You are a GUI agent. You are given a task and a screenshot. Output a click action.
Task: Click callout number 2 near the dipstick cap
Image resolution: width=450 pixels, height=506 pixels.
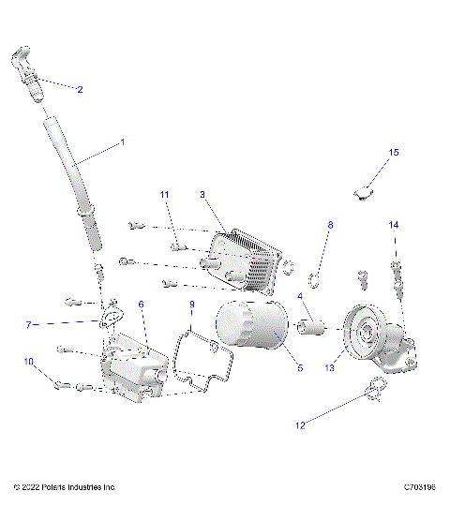[x=80, y=90]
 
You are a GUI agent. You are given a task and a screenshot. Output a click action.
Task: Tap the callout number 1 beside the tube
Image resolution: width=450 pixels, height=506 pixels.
[x=121, y=143]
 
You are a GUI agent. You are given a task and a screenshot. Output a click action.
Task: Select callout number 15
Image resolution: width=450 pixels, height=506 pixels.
[x=394, y=152]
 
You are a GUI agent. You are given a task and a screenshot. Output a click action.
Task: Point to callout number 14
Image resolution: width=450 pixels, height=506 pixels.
[x=394, y=225]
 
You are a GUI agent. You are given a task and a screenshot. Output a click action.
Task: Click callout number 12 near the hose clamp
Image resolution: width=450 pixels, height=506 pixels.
[x=301, y=425]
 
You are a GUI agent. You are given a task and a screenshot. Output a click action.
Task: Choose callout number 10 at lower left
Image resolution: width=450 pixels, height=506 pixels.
[x=28, y=362]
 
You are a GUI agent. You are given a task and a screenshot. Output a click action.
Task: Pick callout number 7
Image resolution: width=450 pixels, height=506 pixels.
[x=28, y=325]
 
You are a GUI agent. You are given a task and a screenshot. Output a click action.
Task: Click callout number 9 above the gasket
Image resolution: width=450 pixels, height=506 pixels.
[x=191, y=305]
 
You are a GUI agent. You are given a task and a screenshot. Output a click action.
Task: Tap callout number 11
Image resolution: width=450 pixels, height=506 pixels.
[x=164, y=194]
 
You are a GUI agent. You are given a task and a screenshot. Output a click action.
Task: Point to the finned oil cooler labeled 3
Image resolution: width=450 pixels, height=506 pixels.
[x=245, y=254]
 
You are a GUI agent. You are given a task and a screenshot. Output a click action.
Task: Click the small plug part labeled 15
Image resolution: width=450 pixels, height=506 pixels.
[x=364, y=193]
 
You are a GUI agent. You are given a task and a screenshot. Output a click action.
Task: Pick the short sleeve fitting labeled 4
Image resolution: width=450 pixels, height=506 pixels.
[x=310, y=327]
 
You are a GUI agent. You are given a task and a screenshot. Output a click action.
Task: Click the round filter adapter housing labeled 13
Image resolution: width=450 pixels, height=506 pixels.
[x=361, y=333]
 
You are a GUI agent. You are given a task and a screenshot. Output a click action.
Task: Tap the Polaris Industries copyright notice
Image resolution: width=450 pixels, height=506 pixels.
[x=65, y=487]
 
